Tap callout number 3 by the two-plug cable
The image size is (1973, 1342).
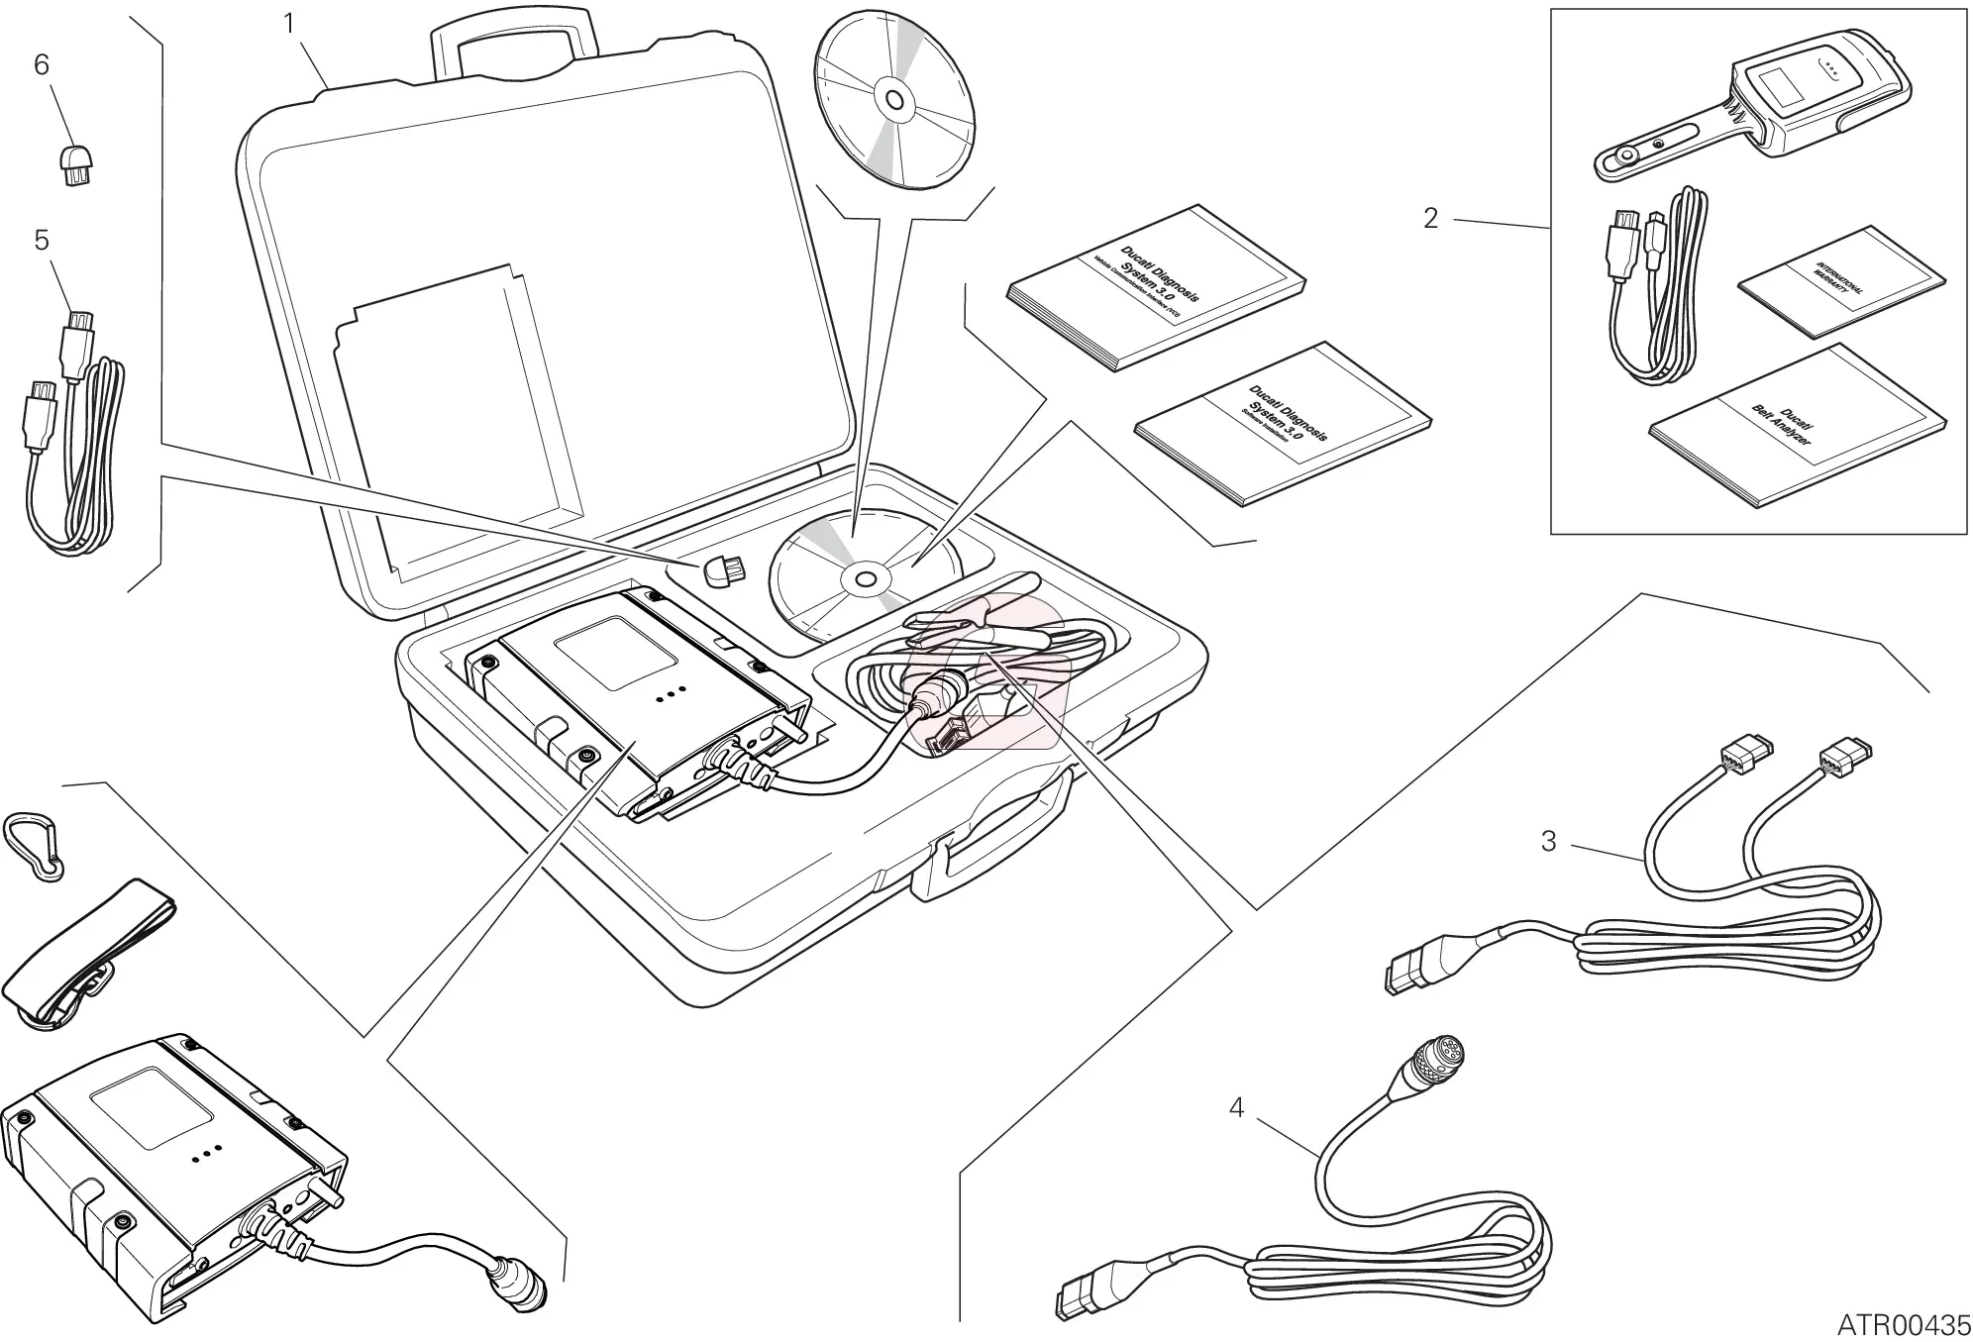coord(1548,842)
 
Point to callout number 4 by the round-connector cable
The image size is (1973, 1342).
coord(1236,1107)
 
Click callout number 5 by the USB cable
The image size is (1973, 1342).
coord(42,241)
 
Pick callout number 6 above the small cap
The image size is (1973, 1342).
coord(42,65)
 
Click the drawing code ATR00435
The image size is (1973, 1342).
coord(1904,1323)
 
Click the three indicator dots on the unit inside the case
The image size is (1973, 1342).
coord(672,696)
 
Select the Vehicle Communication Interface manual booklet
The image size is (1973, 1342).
coord(1154,287)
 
